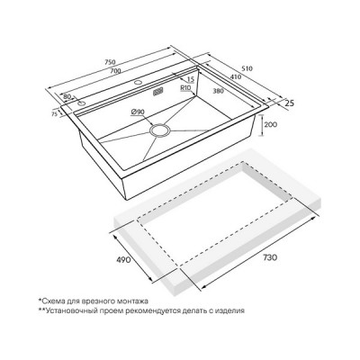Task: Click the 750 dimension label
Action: coord(110,62)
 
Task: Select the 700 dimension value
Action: coord(115,71)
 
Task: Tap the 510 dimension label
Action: coord(247,68)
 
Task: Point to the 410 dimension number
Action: coord(236,76)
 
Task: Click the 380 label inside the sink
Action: coord(218,91)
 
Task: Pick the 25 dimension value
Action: coord(289,103)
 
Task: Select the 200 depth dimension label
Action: coord(271,124)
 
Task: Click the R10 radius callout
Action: coord(186,88)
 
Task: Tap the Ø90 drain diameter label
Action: coord(138,112)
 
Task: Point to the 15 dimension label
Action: coord(191,79)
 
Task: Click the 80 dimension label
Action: coord(67,96)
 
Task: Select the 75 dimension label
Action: coord(54,113)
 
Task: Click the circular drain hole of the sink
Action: coord(160,130)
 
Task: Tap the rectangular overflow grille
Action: coord(158,91)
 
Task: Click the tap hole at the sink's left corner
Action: coord(81,103)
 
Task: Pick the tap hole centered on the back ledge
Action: coord(138,82)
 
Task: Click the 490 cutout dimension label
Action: coord(123,259)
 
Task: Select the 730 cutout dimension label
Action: coord(270,257)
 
